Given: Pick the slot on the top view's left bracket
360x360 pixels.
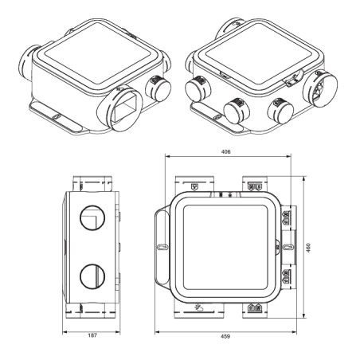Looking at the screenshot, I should coord(162,248).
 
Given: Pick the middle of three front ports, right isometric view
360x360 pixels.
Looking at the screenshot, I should coord(235,110).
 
